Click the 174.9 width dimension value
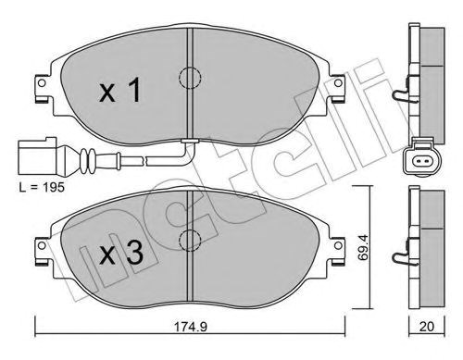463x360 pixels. point(191,327)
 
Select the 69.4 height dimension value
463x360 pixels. point(364,247)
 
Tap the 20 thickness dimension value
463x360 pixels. point(427,327)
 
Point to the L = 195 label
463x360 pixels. point(42,187)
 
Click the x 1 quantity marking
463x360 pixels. point(120,90)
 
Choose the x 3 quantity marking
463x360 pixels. point(121,253)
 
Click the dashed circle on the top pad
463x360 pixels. point(190,78)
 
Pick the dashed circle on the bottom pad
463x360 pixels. point(190,240)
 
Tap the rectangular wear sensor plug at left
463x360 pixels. point(37,157)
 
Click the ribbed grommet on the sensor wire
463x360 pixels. point(88,160)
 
